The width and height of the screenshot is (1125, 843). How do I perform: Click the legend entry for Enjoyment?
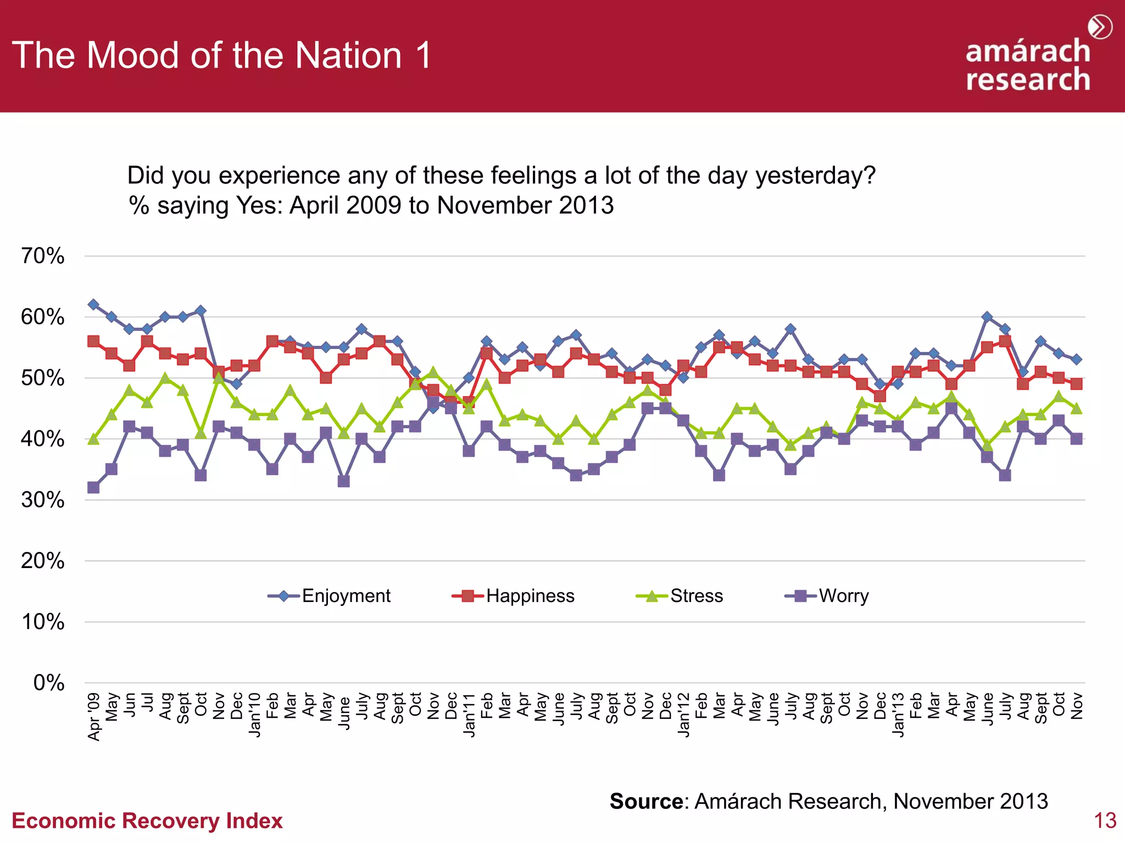pos(330,596)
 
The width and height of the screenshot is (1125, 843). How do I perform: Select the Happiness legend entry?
pos(514,596)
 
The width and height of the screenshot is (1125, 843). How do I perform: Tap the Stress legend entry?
pos(680,596)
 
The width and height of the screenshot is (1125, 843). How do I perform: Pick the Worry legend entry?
pos(827,596)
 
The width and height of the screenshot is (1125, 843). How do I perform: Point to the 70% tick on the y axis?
pos(43,256)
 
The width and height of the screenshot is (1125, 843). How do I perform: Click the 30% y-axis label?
pos(43,500)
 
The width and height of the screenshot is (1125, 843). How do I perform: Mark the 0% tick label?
pos(49,683)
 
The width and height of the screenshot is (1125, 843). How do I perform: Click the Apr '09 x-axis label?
pos(94,716)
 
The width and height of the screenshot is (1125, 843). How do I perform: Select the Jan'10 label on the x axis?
pos(255,714)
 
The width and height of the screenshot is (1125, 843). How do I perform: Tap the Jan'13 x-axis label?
pos(898,714)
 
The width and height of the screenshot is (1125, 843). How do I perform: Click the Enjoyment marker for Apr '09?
pos(93,305)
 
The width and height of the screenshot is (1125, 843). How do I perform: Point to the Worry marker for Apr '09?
pos(93,487)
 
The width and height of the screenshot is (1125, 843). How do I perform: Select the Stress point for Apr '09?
pos(93,439)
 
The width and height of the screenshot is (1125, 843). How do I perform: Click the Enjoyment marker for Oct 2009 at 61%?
pos(201,311)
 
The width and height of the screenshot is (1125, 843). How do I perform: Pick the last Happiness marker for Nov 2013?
pos(1077,384)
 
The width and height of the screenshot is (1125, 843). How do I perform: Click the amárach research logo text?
pos(1028,65)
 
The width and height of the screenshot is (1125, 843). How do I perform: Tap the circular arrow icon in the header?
pos(1100,27)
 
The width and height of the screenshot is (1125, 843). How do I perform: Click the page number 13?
pos(1105,821)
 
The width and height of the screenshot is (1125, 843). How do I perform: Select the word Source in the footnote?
pos(647,801)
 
